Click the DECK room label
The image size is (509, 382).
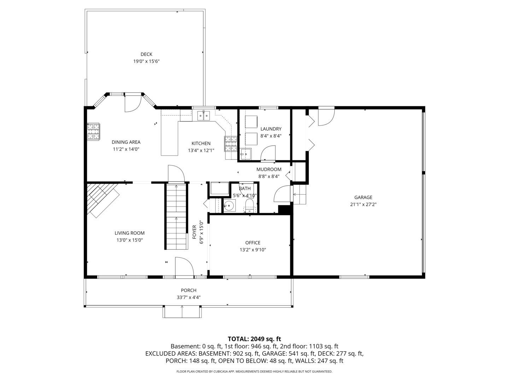(146, 54)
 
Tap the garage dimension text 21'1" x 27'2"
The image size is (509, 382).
(363, 204)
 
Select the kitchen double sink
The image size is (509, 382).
(204, 116)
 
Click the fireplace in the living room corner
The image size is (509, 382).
(102, 199)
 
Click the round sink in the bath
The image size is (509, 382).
(230, 205)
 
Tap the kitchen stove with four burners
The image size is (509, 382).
(230, 144)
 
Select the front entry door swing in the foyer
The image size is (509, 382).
(184, 267)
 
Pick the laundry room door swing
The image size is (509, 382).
(268, 154)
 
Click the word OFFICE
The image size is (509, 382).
(253, 243)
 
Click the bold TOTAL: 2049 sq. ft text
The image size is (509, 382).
(254, 339)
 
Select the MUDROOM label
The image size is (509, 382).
(269, 169)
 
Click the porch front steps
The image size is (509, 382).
(182, 312)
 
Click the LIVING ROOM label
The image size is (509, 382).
(129, 233)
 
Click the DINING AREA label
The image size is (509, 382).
(126, 142)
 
